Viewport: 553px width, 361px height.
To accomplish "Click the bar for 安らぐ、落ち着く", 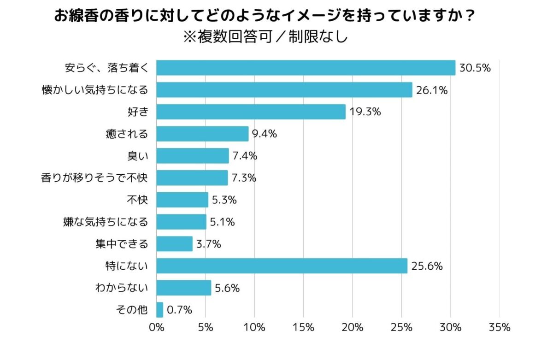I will coord(306,68).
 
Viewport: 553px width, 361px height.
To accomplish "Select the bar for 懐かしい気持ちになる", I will coord(284,90).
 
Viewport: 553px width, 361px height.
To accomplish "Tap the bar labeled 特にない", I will coord(282,266).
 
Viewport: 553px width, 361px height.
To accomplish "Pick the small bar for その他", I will coord(160,310).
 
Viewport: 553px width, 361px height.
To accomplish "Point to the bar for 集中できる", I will coord(175,244).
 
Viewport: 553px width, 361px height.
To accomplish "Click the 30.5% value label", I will coord(475,68).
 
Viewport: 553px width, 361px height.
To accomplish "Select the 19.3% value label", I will coord(365,112).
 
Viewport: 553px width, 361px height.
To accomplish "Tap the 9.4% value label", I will coord(265,134).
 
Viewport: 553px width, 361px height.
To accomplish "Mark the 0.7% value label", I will coord(179,310).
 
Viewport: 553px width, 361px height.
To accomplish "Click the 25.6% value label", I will coord(427,266).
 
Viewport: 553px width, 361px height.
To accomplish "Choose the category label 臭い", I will coord(138,156).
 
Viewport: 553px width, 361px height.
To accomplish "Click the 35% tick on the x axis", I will coord(500,328).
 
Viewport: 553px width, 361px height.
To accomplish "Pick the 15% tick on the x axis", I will coord(304,328).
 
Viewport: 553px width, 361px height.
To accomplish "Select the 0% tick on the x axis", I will coord(157,328).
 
